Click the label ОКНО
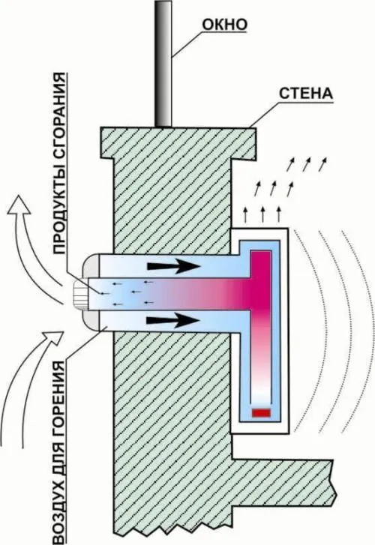225,25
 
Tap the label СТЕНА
306,94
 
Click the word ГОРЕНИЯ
59,397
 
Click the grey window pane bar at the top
163,63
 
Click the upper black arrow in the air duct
174,266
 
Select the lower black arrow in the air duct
172,320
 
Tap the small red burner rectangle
261,412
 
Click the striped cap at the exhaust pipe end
81,293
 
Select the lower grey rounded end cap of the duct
91,320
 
